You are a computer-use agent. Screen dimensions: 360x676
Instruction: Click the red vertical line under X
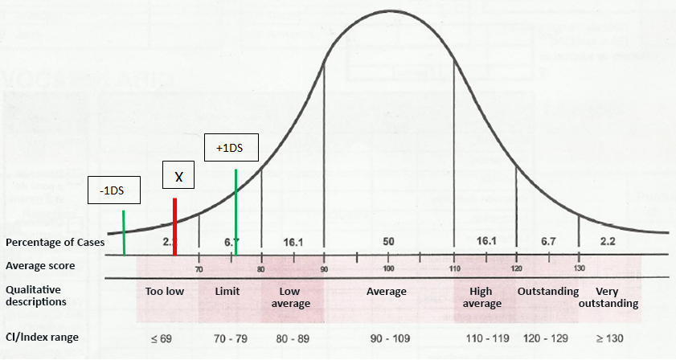coord(174,227)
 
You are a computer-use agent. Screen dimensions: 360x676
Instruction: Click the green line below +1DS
coord(236,212)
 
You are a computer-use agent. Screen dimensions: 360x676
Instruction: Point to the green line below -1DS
coord(124,233)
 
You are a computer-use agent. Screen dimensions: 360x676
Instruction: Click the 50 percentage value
coord(388,241)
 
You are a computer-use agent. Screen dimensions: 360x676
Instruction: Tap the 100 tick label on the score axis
coord(388,269)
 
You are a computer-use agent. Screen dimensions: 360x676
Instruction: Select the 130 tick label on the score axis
coord(579,269)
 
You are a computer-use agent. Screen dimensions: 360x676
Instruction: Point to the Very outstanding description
coord(617,297)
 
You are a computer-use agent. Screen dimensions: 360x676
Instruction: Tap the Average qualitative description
coord(387,291)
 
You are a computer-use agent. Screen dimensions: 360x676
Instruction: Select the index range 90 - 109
coord(388,337)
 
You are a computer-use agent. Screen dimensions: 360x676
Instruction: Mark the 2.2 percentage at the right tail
coord(608,241)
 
